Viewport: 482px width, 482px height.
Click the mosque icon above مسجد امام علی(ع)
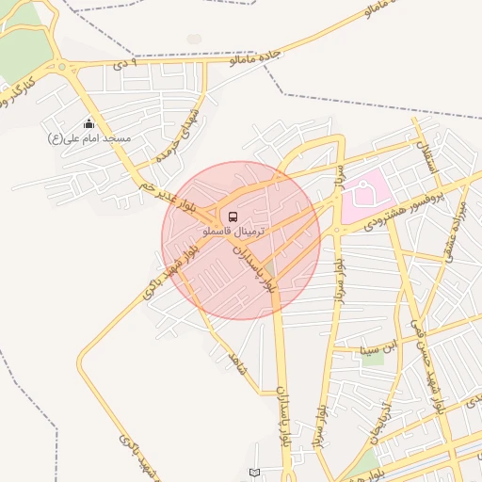pos(89,124)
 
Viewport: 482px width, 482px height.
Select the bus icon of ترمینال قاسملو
pos(233,216)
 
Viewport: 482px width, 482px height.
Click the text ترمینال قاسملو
pos(234,231)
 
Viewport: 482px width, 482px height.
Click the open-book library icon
pos(253,472)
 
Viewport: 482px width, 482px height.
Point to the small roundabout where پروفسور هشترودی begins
pos(336,229)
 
